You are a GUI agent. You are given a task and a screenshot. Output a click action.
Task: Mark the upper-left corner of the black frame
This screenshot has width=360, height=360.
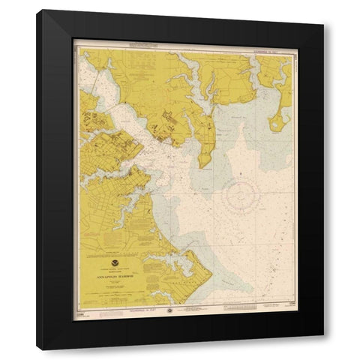pos(39,10)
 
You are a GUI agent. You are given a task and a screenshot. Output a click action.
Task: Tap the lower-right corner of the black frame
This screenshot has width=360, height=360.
pos(323,349)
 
